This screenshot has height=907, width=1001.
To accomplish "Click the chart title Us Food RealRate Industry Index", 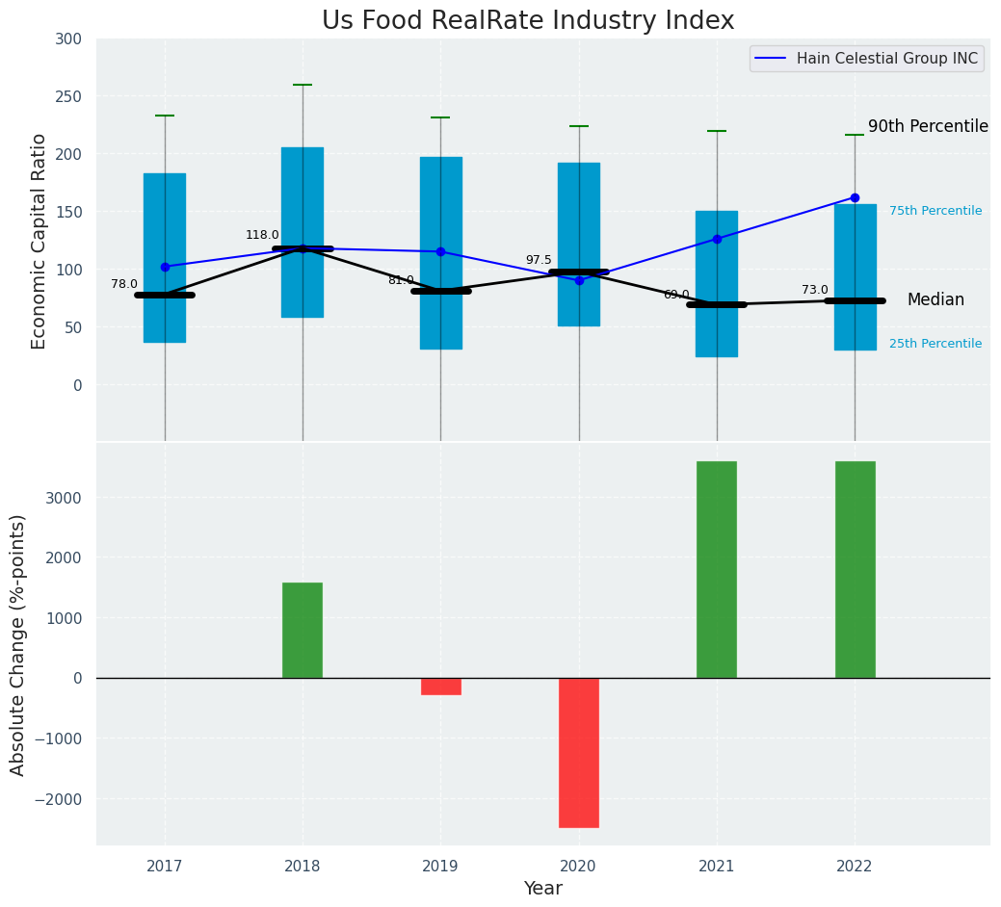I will [x=528, y=21].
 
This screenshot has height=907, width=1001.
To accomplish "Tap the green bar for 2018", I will [x=303, y=630].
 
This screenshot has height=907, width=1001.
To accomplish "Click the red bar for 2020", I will [x=579, y=752].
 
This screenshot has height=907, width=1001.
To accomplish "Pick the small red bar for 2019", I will [x=441, y=687].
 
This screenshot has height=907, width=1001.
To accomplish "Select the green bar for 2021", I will [x=717, y=569].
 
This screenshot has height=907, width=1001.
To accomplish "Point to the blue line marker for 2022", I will [x=855, y=197].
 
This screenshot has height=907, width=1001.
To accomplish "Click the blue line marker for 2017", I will [x=165, y=267].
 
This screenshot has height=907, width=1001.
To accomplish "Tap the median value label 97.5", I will [x=539, y=261].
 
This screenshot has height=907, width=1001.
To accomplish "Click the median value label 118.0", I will [x=262, y=235].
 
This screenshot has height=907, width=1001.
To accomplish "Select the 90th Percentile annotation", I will [x=928, y=127].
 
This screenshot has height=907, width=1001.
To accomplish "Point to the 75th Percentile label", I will [x=935, y=211].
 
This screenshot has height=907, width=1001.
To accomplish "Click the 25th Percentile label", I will [x=935, y=344].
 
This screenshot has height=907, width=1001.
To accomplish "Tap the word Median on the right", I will [x=935, y=300].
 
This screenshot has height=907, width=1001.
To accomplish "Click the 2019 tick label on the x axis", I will [x=441, y=867].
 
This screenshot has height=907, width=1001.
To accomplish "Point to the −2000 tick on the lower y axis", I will [x=60, y=799].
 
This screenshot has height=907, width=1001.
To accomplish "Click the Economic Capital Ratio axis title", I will [x=40, y=241].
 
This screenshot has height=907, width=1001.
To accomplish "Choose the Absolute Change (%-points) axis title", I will [x=18, y=644].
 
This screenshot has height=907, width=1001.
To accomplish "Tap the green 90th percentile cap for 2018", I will [x=303, y=85].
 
